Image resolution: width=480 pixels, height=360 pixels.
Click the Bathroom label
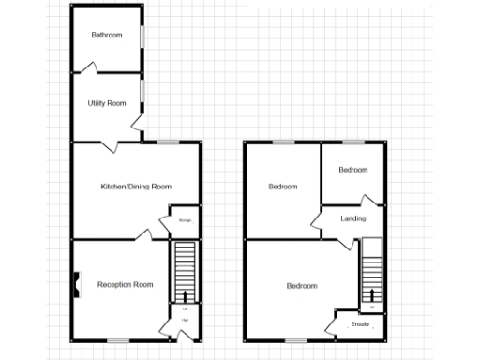106,36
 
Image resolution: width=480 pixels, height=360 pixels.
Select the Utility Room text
106,103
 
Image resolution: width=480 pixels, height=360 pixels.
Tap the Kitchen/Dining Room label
136,187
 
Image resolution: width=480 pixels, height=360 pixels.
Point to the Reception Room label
125,284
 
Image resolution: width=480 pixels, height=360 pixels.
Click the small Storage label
185,221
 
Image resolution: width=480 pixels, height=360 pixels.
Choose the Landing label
353,219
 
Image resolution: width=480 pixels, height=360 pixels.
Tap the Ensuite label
361,325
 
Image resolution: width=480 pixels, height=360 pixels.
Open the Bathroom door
91,67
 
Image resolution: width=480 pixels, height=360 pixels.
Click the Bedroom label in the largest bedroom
302,286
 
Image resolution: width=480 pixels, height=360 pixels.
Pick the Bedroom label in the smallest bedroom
352,170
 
